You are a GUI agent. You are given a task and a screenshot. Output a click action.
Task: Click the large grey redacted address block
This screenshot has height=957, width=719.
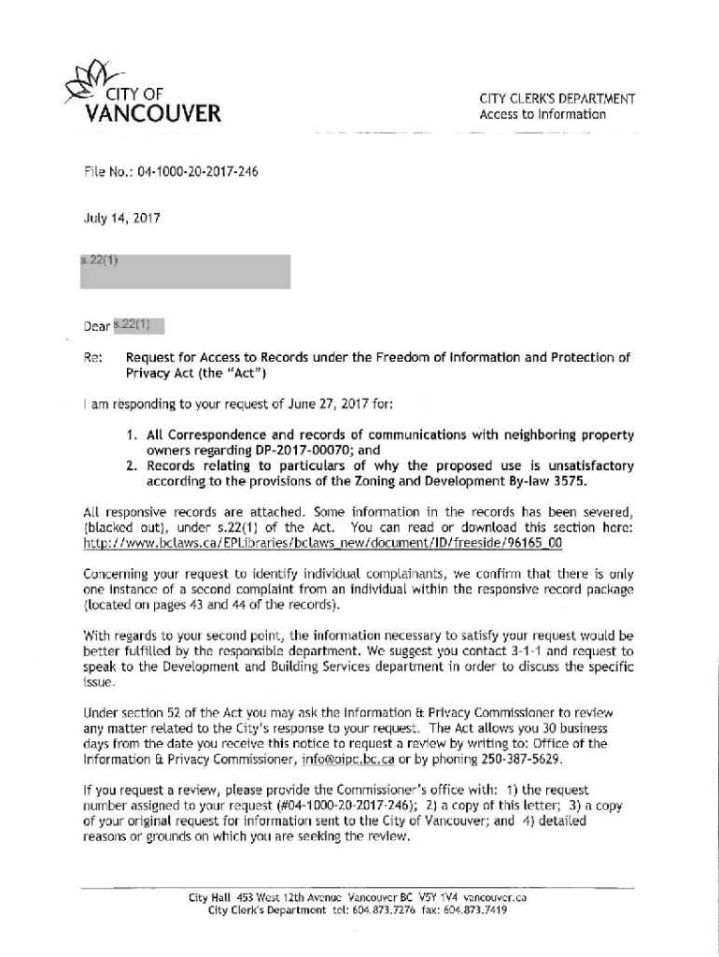pyautogui.click(x=185, y=270)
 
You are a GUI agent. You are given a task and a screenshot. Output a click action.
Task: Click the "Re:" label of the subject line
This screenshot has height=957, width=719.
pyautogui.click(x=92, y=357)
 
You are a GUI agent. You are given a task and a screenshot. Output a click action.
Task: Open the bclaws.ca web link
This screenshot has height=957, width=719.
pyautogui.click(x=323, y=542)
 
